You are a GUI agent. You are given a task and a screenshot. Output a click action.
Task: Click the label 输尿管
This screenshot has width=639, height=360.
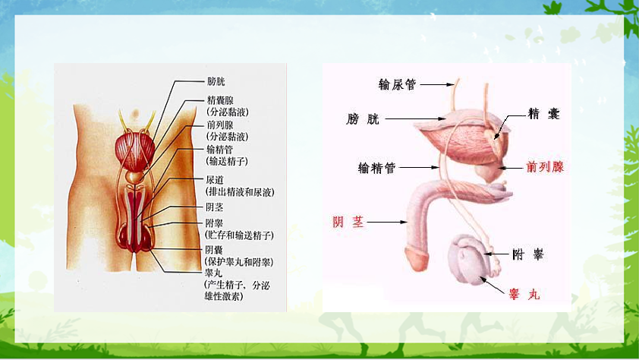tap(397, 84)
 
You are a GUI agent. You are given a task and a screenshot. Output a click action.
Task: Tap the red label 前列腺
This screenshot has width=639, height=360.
tap(545, 167)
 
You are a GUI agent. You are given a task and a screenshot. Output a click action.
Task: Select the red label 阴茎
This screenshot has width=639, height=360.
tap(348, 222)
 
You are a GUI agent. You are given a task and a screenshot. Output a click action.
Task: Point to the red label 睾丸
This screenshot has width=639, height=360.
tap(524, 294)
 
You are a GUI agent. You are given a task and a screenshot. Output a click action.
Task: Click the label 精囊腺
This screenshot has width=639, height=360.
tap(220, 100)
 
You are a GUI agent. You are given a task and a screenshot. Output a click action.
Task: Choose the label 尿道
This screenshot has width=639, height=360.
tap(215, 180)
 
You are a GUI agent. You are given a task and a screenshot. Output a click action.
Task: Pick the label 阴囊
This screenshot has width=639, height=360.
tap(214, 250)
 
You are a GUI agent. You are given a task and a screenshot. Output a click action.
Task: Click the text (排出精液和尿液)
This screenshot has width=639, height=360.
tap(240, 192)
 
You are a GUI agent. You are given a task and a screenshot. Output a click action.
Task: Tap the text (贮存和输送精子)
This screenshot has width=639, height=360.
tap(239, 235)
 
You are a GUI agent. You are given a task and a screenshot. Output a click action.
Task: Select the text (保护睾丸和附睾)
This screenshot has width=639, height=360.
tap(238, 262)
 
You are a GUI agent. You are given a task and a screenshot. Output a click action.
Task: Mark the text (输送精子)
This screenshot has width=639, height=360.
tap(227, 161)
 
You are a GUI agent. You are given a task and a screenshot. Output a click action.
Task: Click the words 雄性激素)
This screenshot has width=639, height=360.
tap(224, 296)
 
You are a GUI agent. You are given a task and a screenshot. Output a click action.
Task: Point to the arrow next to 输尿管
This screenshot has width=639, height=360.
tap(437, 84)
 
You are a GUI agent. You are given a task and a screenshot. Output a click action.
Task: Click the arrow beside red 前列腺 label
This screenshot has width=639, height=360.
tap(510, 168)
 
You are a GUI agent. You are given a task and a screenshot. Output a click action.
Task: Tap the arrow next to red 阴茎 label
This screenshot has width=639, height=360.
tap(387, 223)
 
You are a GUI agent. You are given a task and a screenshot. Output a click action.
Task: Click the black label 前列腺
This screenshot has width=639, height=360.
tap(220, 125)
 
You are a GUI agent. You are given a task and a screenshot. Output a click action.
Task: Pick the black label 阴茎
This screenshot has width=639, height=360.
tap(214, 207)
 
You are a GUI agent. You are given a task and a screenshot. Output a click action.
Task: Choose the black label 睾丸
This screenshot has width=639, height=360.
tap(213, 273)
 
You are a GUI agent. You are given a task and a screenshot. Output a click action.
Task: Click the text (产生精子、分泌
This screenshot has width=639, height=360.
tap(237, 285)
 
